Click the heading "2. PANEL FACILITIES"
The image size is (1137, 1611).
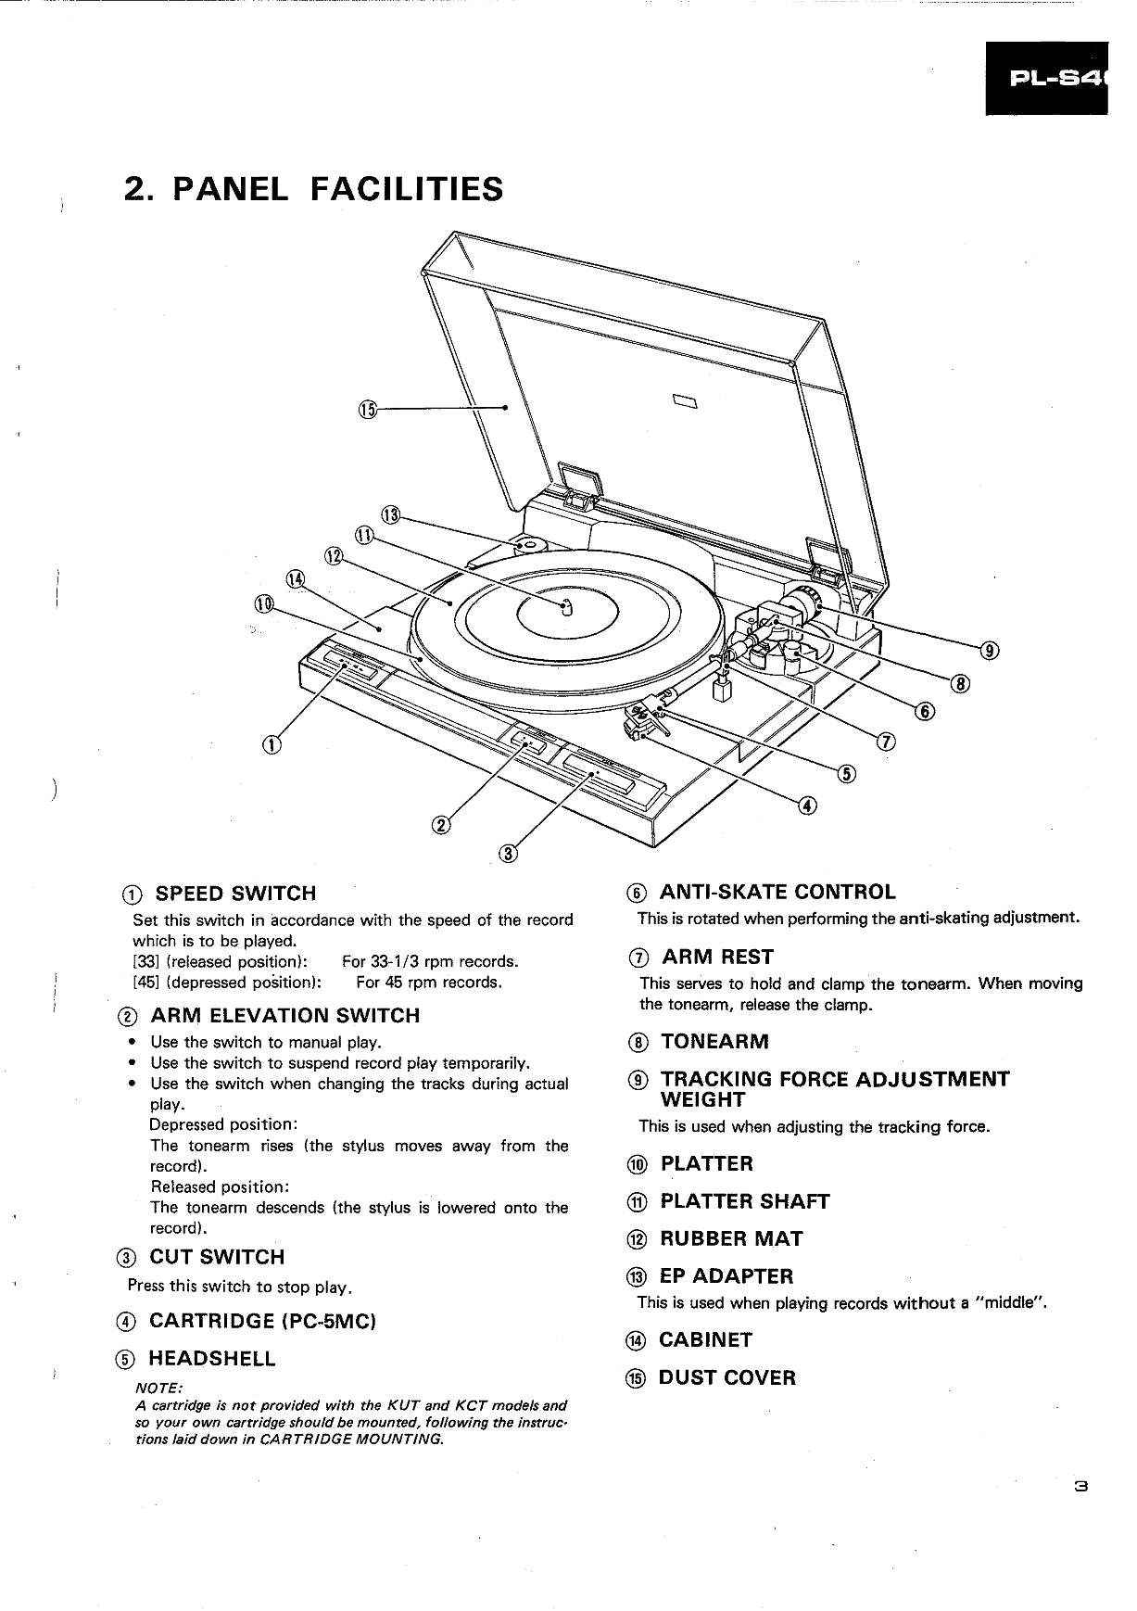click(313, 189)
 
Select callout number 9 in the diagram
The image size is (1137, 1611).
click(990, 650)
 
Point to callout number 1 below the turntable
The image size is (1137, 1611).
click(271, 743)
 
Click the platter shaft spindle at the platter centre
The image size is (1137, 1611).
click(568, 607)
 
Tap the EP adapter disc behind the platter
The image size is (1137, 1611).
click(525, 545)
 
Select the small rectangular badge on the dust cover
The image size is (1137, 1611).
click(685, 400)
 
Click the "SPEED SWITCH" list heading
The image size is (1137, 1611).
click(235, 894)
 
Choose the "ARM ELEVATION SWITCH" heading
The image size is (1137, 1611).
click(284, 1016)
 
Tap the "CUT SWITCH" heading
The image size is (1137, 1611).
click(217, 1258)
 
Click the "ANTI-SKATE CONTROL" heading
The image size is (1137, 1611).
click(777, 893)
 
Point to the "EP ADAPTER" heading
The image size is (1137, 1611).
click(726, 1276)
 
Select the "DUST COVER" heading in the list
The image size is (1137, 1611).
click(726, 1378)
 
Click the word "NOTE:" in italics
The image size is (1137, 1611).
click(159, 1387)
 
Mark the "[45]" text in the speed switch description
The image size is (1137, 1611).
click(145, 983)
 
